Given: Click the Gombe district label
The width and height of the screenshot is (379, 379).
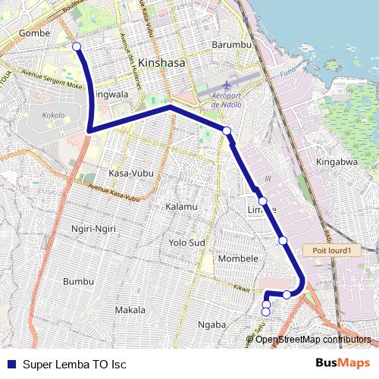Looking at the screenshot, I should pyautogui.click(x=34, y=33).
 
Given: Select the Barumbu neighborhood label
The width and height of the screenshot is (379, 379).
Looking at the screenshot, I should pyautogui.click(x=232, y=45).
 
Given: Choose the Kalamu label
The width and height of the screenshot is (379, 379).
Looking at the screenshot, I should pyautogui.click(x=181, y=206).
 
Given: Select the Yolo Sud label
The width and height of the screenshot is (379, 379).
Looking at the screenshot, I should pyautogui.click(x=187, y=243).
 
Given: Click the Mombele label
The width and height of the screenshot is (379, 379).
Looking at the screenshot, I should pyautogui.click(x=238, y=258).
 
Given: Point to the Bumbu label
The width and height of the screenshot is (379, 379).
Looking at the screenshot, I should pyautogui.click(x=79, y=281).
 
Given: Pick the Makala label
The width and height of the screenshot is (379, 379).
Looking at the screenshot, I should pyautogui.click(x=130, y=309).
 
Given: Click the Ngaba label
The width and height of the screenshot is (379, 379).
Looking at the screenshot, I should pyautogui.click(x=211, y=324).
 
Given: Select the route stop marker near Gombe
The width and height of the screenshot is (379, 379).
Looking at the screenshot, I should pyautogui.click(x=77, y=47).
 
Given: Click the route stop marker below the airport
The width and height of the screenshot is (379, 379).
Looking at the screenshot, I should pyautogui.click(x=227, y=131).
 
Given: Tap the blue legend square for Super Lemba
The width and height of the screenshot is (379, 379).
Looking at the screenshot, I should pyautogui.click(x=11, y=364).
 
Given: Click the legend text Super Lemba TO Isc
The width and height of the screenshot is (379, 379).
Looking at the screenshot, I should pyautogui.click(x=74, y=364).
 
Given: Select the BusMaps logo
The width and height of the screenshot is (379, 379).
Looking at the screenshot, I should pyautogui.click(x=343, y=363).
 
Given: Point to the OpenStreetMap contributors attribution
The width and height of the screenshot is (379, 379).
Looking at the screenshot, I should pyautogui.click(x=313, y=339).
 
